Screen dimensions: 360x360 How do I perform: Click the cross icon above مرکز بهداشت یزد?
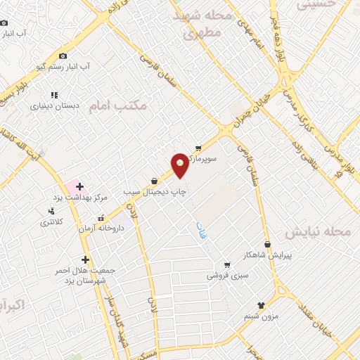[x=79, y=186]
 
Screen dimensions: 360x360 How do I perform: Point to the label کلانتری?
[x=51, y=222]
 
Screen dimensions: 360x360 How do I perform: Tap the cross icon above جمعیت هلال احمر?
[x=85, y=259]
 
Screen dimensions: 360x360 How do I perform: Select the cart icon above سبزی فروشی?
[x=227, y=265]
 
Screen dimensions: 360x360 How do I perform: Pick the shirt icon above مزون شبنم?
[x=262, y=305]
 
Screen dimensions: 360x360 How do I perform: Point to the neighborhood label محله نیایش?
[x=323, y=233]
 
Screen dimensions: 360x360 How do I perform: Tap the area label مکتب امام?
[x=119, y=105]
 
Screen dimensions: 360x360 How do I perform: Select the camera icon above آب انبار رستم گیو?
[x=63, y=56]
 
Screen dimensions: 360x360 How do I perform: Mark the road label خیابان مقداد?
[x=313, y=310]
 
